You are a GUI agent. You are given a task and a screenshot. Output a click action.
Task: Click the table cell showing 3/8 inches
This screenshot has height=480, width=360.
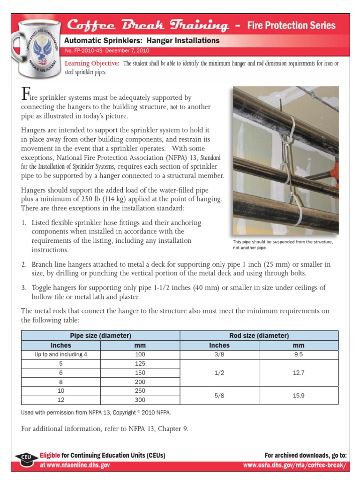tap(219, 355)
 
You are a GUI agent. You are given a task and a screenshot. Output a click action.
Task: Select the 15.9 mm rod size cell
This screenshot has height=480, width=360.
tap(299, 396)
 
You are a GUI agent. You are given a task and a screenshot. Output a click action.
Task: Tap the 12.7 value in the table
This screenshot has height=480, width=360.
tap(299, 373)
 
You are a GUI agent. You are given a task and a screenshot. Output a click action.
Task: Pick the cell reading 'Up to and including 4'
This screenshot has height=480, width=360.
tap(61, 355)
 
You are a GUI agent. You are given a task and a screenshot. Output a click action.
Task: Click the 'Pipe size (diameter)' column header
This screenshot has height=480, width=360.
tap(100, 336)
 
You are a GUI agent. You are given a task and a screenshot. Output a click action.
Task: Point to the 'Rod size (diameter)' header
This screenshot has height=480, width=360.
tap(259, 336)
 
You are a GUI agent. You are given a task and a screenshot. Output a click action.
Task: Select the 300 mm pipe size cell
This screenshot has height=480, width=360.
tap(140, 400)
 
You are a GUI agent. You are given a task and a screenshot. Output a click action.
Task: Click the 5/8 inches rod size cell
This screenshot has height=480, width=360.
tap(219, 396)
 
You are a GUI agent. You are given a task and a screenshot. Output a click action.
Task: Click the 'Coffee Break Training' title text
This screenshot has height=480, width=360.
tap(148, 25)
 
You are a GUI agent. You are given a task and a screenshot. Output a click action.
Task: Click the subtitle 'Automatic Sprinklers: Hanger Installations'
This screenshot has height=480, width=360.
tap(142, 41)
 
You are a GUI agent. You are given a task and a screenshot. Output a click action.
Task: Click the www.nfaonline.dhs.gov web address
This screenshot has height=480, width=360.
tap(75, 465)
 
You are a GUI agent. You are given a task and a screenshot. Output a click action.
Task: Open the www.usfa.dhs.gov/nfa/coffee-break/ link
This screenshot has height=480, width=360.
tap(295, 465)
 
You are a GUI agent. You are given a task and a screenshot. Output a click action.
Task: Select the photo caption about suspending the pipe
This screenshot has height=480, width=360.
tap(283, 245)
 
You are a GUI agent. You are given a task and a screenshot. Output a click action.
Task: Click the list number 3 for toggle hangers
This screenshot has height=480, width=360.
tap(24, 287)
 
